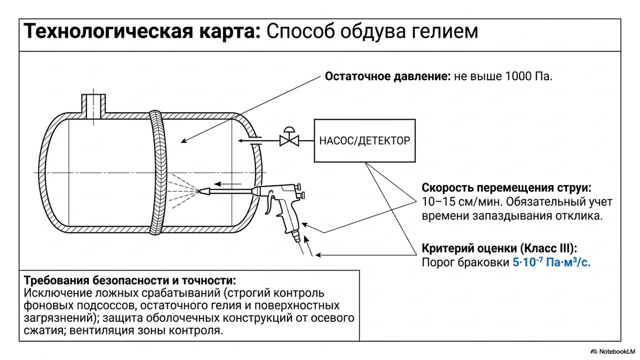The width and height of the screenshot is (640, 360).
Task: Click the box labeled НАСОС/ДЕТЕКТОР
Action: pos(364,140)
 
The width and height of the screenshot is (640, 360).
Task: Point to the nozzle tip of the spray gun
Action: pos(200,191)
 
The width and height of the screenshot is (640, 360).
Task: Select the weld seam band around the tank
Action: pos(157,172)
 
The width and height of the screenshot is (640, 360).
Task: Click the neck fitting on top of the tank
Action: pos(94,106)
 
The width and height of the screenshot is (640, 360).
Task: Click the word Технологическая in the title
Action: pos(108,32)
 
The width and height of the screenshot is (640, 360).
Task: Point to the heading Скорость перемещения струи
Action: pos(506,188)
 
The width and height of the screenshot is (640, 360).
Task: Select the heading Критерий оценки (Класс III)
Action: pos(500,248)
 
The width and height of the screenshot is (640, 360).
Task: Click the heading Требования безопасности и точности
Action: pos(130,280)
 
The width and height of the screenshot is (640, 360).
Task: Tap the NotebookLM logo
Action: pos(612,352)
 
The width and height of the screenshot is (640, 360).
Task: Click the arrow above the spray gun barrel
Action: pos(228,184)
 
